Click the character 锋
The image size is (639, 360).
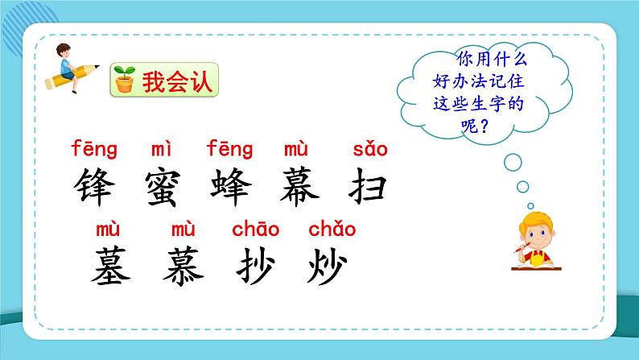tap(95, 187)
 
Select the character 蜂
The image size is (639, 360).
tap(230, 187)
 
